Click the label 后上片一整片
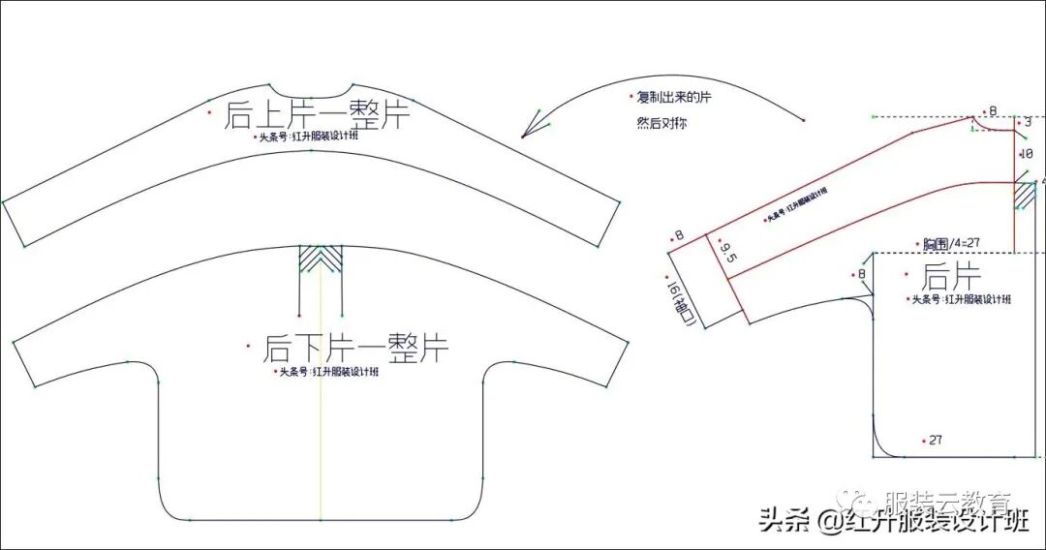coord(317,114)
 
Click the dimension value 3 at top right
coord(1028,122)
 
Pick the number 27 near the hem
coord(935,440)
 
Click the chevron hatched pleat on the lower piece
coord(322,259)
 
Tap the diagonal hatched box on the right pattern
coord(1025,196)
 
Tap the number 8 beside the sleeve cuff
coord(679,235)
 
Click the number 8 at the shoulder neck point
coord(992,112)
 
